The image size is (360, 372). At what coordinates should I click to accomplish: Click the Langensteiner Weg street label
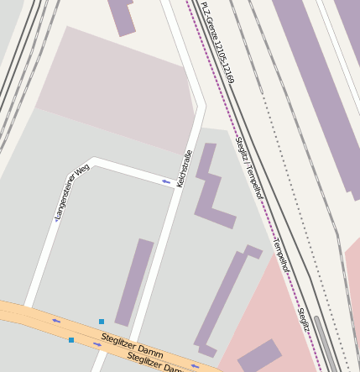pos(71,192)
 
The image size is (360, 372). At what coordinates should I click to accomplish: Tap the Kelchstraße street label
pos(185,168)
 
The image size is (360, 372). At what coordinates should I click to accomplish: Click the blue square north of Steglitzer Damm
pos(102,321)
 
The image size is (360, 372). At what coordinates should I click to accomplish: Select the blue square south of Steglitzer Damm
pos(71,340)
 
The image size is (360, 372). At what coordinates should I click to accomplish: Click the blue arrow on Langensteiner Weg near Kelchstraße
pos(166,181)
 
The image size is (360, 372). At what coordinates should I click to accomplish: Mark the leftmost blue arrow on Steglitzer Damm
pos(56,320)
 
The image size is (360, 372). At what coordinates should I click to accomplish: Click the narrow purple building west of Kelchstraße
pos(134,281)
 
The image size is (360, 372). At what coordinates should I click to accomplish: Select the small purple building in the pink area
pos(258,355)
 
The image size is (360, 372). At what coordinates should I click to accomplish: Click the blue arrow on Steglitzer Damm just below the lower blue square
pos(97,344)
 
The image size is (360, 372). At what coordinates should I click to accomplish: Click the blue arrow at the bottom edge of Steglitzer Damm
pos(195,366)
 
